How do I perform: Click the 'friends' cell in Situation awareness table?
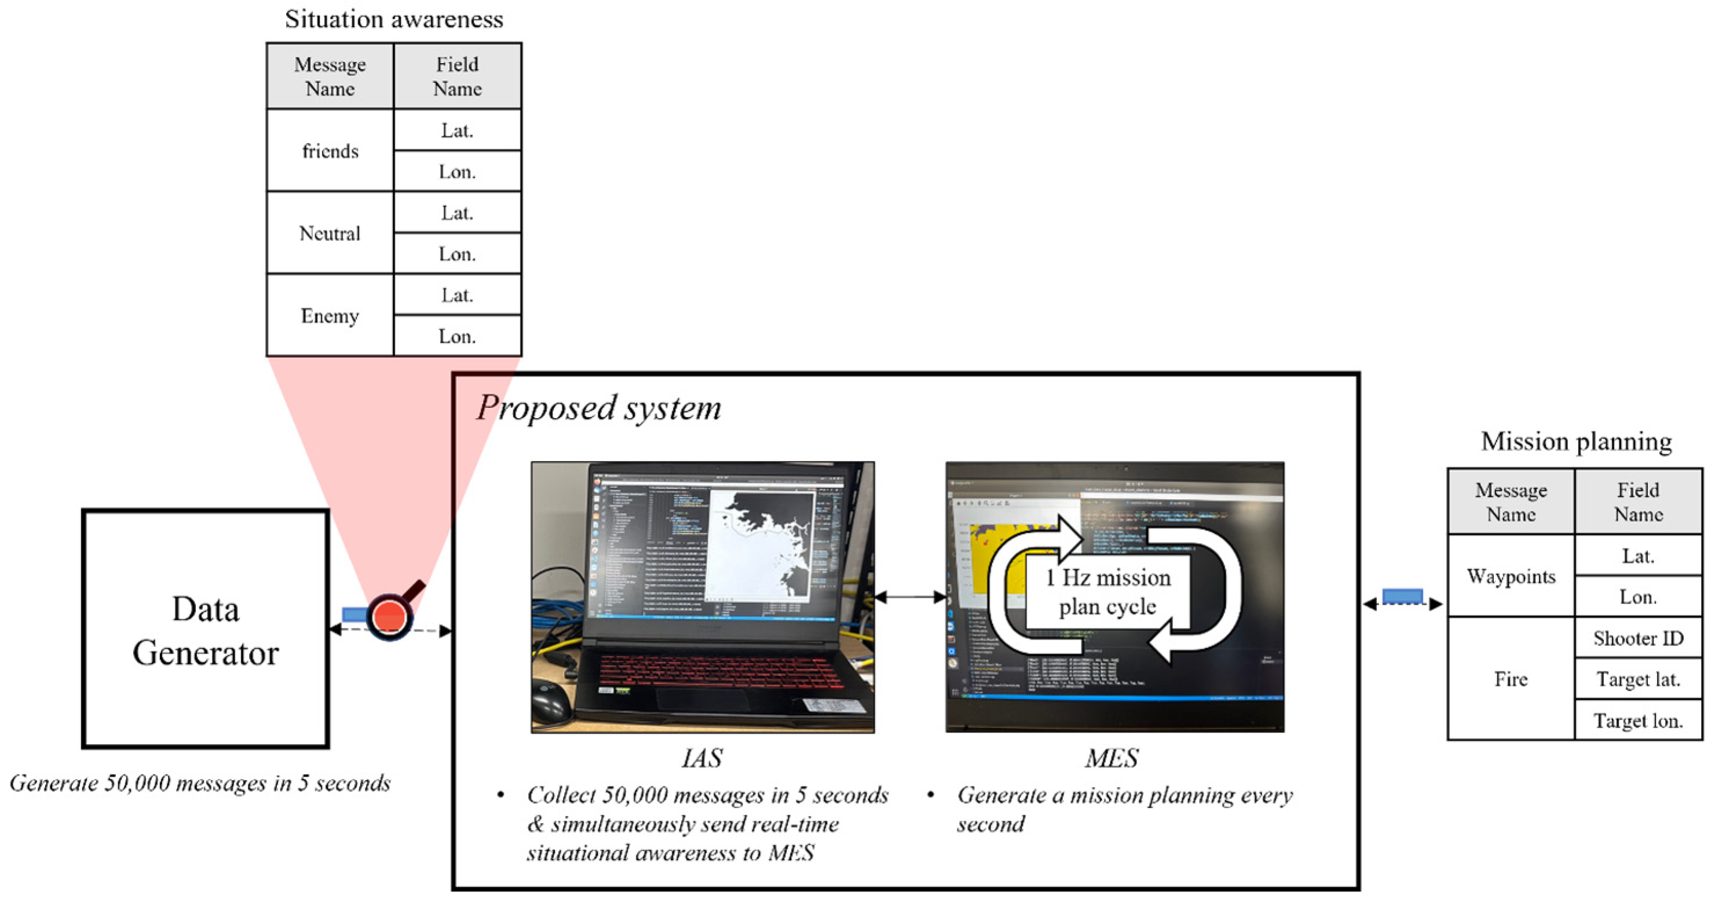coord(330,151)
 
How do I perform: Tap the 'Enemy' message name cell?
coord(330,316)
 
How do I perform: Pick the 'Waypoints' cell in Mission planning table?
coord(1511,576)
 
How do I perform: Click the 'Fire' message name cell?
coord(1511,679)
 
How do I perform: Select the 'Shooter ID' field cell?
coord(1638,638)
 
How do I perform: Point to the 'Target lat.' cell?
coord(1638,679)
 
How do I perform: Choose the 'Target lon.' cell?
coord(1638,721)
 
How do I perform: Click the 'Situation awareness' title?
coord(394,19)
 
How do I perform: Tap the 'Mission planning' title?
coord(1576,441)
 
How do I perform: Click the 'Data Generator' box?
coord(205,630)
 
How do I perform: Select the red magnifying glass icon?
coord(390,616)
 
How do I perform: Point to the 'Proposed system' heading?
coord(598,408)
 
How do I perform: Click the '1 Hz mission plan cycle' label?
coord(1108,591)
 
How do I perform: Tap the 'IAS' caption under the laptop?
coord(702,758)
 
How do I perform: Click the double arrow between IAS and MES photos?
coord(910,597)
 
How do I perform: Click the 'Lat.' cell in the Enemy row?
coord(457,295)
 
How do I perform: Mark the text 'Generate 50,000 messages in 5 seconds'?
coord(200,784)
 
